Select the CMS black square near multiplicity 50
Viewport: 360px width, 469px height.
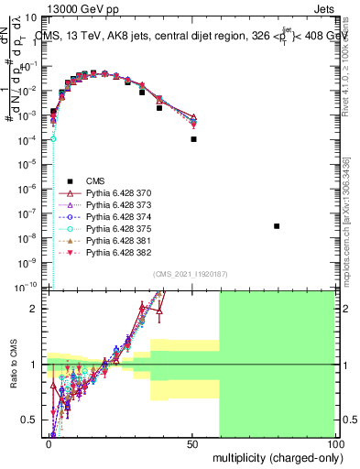tap(193, 139)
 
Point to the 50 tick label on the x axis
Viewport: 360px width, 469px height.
tap(193, 443)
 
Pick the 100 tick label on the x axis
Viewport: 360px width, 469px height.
tap(334, 443)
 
